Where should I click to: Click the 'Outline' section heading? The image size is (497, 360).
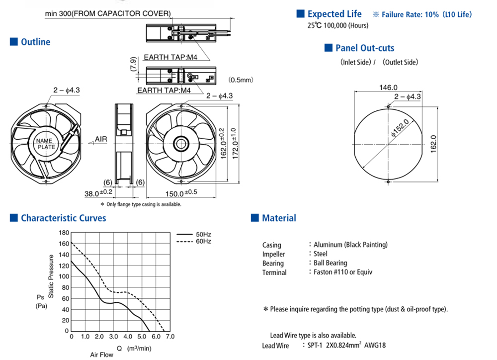coord(35,42)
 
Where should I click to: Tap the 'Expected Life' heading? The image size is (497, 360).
coord(334,14)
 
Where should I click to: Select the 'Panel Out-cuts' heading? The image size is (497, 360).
coord(365,48)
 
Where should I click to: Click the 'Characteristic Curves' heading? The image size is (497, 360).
coord(64,218)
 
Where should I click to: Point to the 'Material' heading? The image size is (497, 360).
coord(279,218)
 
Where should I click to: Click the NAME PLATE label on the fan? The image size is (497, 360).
coord(45,144)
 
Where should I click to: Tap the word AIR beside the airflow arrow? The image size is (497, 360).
coord(101,139)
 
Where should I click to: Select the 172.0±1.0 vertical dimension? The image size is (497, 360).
coord(234,143)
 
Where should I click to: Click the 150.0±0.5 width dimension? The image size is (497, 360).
coord(181,193)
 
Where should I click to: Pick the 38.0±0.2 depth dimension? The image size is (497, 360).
coord(98,193)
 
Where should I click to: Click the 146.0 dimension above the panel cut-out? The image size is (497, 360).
coord(388,87)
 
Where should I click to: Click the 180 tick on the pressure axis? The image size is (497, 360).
coord(64,233)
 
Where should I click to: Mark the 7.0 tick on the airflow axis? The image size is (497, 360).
coord(170,337)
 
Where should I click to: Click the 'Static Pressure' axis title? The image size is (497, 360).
coord(51,276)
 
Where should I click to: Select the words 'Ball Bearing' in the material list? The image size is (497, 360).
coord(331,263)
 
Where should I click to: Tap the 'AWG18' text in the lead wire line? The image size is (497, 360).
coord(375,346)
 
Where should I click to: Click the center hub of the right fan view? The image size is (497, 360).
coord(181,144)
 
